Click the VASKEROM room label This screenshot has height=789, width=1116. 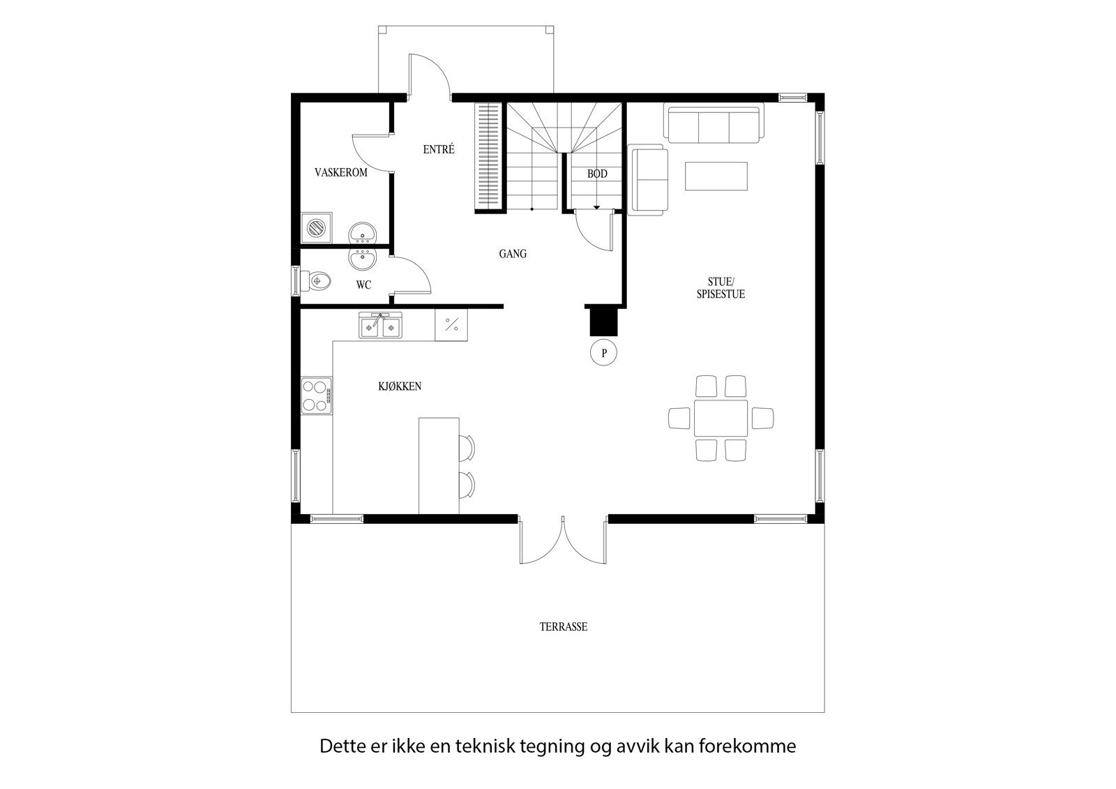coord(340,172)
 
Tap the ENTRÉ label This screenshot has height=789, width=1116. coord(439,149)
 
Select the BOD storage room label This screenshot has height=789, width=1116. coord(597,174)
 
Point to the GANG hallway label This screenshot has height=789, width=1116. coord(513,254)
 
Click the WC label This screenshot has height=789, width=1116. coord(363,285)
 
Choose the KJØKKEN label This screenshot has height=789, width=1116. coord(400,386)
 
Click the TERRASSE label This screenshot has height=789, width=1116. coord(563,626)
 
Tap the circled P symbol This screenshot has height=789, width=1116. coord(604,353)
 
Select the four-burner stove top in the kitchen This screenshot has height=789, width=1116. coord(316,396)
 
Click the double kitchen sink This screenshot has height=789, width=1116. coord(381,326)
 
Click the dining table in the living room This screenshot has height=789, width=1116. coord(721,418)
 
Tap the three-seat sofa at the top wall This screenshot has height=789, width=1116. coord(714,123)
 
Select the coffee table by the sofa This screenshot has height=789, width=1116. coord(716,176)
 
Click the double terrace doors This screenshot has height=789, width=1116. coord(563,541)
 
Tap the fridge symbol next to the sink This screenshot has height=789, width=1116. coord(451,325)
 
